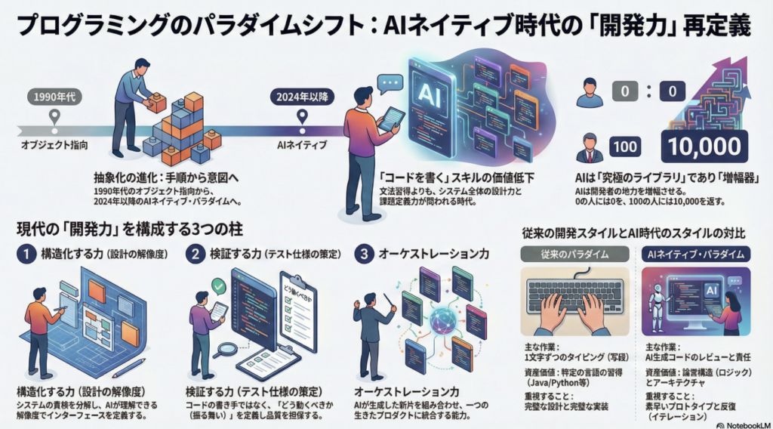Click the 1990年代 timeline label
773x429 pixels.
point(54,97)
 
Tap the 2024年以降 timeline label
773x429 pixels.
point(302,97)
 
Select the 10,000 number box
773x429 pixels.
point(704,146)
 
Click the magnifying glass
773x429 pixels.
point(225,350)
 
